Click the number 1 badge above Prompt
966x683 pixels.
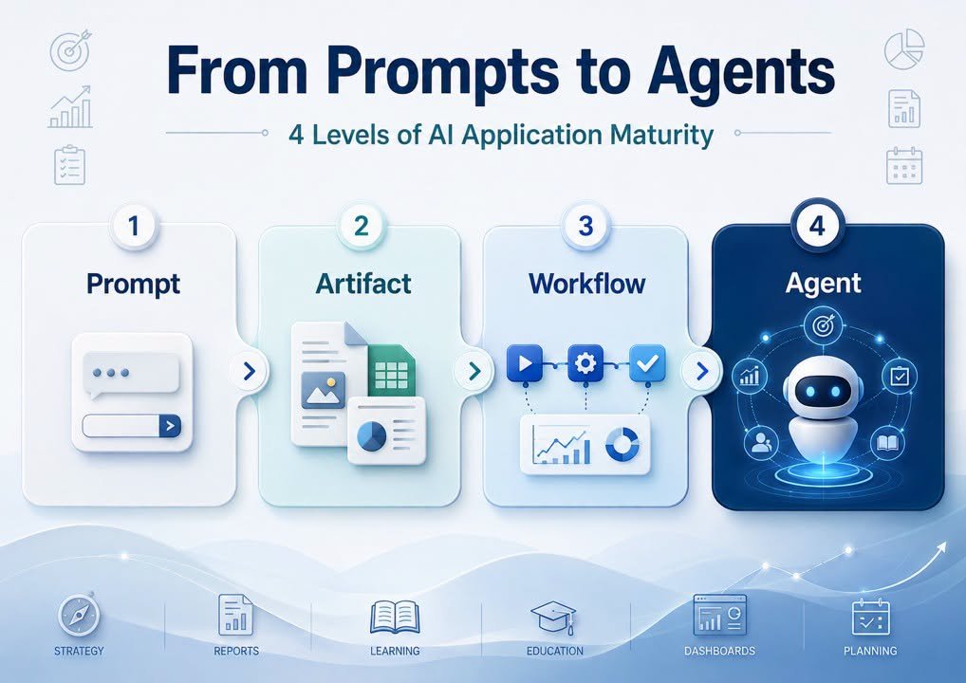click(133, 226)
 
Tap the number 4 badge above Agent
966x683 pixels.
click(817, 226)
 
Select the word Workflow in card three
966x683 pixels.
click(587, 284)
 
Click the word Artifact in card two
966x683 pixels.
click(363, 284)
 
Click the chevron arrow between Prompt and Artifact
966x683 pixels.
click(249, 371)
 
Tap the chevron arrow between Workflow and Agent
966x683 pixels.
click(701, 371)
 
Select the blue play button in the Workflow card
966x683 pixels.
click(524, 362)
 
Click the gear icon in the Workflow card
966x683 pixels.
click(585, 362)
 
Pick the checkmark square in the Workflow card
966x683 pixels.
click(647, 362)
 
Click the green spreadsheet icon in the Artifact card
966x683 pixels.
click(391, 372)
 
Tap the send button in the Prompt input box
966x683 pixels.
click(170, 426)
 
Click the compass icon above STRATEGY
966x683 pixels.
click(79, 615)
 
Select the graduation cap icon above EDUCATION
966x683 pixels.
click(554, 618)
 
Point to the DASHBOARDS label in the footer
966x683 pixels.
click(719, 651)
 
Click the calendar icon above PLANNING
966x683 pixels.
click(870, 617)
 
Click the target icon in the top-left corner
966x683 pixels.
click(69, 50)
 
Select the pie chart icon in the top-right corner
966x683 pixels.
click(904, 49)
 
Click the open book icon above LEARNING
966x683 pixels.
click(395, 617)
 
